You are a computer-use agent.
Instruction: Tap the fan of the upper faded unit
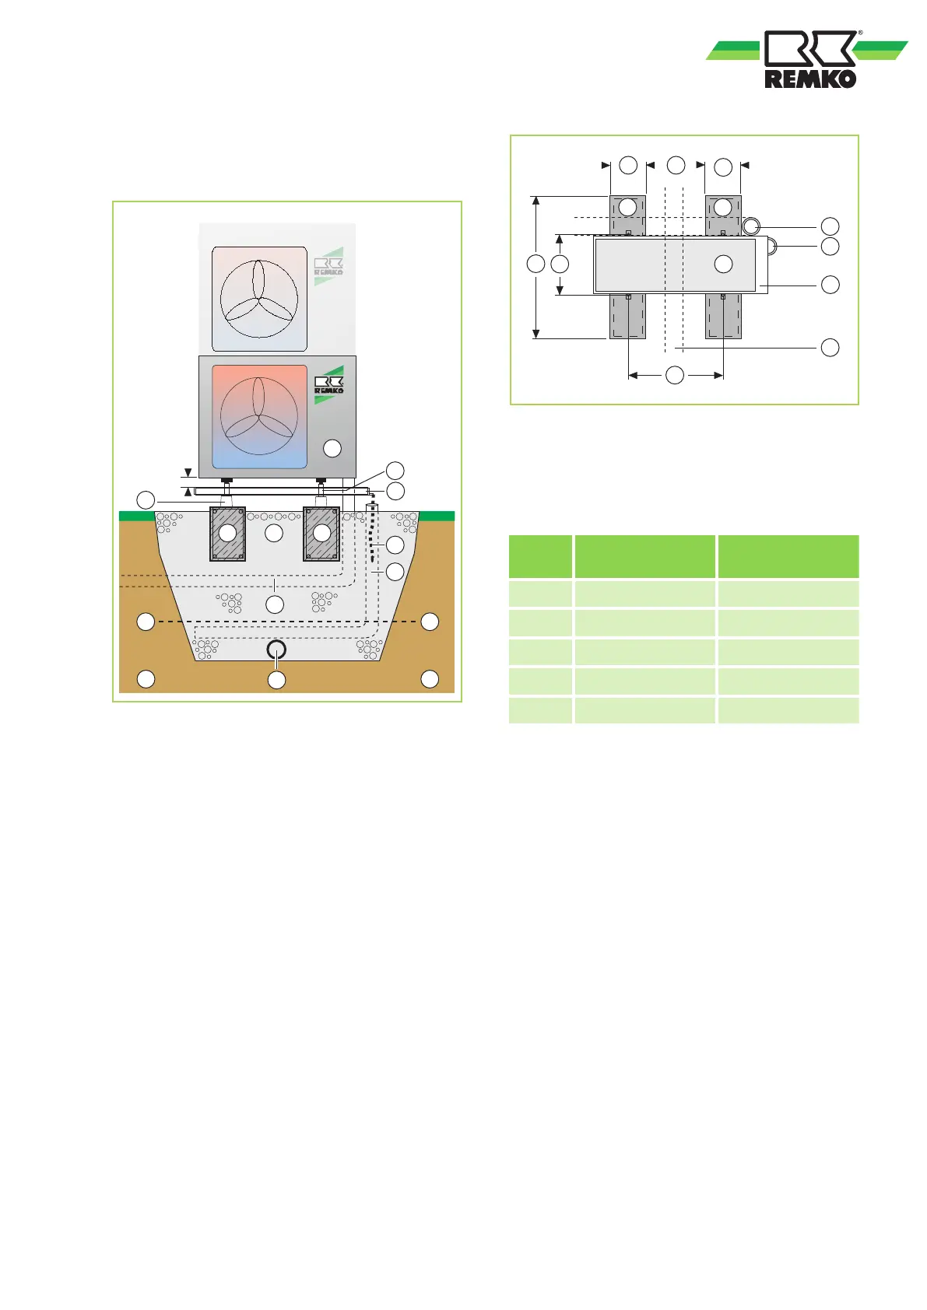pos(259,299)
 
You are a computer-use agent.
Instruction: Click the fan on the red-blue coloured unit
pos(259,416)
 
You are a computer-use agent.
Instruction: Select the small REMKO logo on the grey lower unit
pos(329,384)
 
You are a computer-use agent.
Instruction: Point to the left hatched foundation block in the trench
pos(227,533)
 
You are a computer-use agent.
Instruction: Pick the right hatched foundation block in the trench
pos(321,533)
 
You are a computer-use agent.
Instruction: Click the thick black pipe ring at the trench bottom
pos(277,650)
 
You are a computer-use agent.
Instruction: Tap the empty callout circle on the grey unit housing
pos(332,448)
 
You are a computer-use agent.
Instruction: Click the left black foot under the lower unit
pos(227,480)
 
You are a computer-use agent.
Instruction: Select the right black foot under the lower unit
pos(321,480)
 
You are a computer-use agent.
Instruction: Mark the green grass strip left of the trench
pos(137,516)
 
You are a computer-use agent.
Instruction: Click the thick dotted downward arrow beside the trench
pos(372,537)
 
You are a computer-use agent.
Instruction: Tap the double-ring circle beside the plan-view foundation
pos(752,227)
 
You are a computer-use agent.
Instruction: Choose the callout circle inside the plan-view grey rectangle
pos(723,264)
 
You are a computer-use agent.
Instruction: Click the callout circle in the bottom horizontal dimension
pos(675,375)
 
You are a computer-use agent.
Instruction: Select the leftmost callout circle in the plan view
pos(535,264)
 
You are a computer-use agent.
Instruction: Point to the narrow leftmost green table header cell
pos(540,556)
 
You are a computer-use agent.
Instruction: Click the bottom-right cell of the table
pos(788,710)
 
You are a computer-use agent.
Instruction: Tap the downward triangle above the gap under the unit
pos(188,473)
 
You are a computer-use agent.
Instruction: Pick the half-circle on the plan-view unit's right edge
pos(771,247)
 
